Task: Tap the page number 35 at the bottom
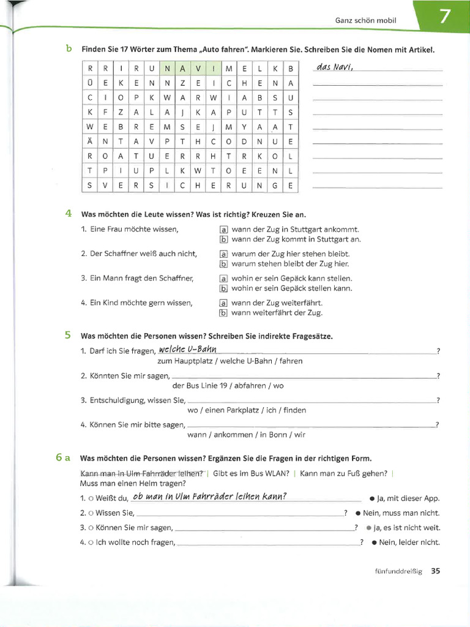point(435,571)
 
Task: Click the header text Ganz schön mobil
point(365,20)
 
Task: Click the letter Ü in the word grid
point(90,83)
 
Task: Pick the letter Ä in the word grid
point(90,141)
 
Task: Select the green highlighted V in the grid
point(198,68)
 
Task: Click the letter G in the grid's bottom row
point(275,185)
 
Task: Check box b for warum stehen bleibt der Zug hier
point(223,264)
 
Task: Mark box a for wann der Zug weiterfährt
point(223,302)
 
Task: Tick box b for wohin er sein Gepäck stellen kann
point(223,288)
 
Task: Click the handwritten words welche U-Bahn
point(187,349)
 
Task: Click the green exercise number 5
point(68,335)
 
